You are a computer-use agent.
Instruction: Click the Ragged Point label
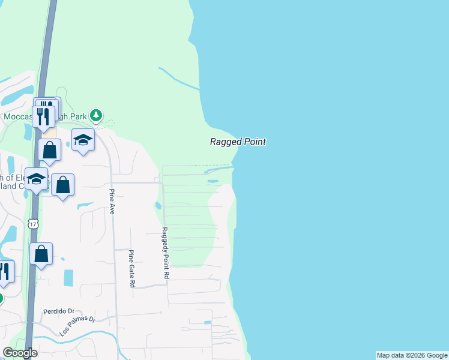pos(238,142)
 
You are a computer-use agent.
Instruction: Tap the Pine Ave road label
pos(112,202)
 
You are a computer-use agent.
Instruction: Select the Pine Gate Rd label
pos(131,269)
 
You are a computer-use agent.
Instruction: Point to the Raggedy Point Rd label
pos(166,252)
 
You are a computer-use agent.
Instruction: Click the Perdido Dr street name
pos(58,312)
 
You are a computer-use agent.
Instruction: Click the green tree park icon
pos(96,115)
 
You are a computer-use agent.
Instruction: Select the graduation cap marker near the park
pos(83,140)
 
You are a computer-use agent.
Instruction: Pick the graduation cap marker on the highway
pos(36,179)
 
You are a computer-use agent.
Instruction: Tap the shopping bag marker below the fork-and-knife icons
pos(50,150)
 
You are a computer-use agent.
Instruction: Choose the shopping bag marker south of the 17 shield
pos(41,254)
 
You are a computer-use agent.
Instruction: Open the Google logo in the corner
pos(20,353)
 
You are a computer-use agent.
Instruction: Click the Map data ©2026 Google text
pos(412,355)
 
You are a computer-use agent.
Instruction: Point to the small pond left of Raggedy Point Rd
pos(158,206)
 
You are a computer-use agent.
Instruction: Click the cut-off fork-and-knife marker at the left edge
pos(5,271)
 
